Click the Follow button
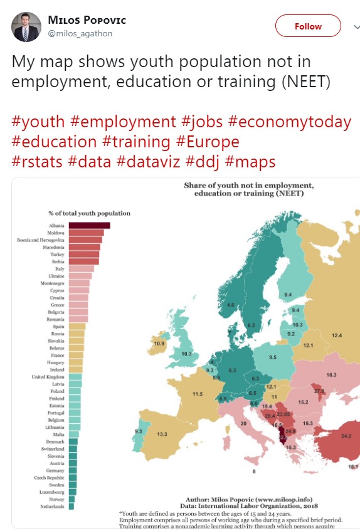coord(308,26)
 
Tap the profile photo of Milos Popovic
coord(26,26)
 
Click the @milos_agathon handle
coord(80,34)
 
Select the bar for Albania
coord(89,226)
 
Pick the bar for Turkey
coord(83,255)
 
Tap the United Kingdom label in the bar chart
coord(48,377)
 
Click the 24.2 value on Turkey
coord(346,436)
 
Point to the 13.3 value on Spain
coord(162,434)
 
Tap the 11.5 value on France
coord(197,393)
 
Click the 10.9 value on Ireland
coord(159,344)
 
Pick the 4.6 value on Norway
coord(231,305)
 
